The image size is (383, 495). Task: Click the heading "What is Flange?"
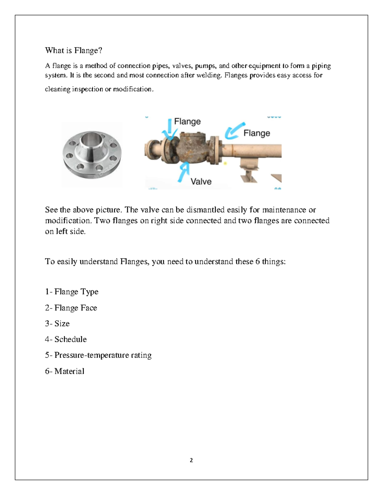click(73, 50)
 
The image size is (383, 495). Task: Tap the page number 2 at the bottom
click(191, 460)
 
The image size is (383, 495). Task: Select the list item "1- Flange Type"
click(71, 292)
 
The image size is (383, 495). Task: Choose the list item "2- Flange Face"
click(71, 308)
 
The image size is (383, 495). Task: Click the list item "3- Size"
click(57, 324)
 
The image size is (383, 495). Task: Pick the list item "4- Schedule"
click(66, 339)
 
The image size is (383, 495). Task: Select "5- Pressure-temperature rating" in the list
click(98, 355)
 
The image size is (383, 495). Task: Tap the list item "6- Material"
click(64, 371)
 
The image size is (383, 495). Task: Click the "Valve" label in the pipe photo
click(201, 181)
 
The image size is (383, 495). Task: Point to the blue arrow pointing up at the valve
click(184, 172)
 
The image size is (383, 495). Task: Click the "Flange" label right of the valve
click(257, 133)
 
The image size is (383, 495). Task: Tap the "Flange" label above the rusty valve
click(187, 121)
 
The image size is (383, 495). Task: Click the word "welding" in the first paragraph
click(208, 75)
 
